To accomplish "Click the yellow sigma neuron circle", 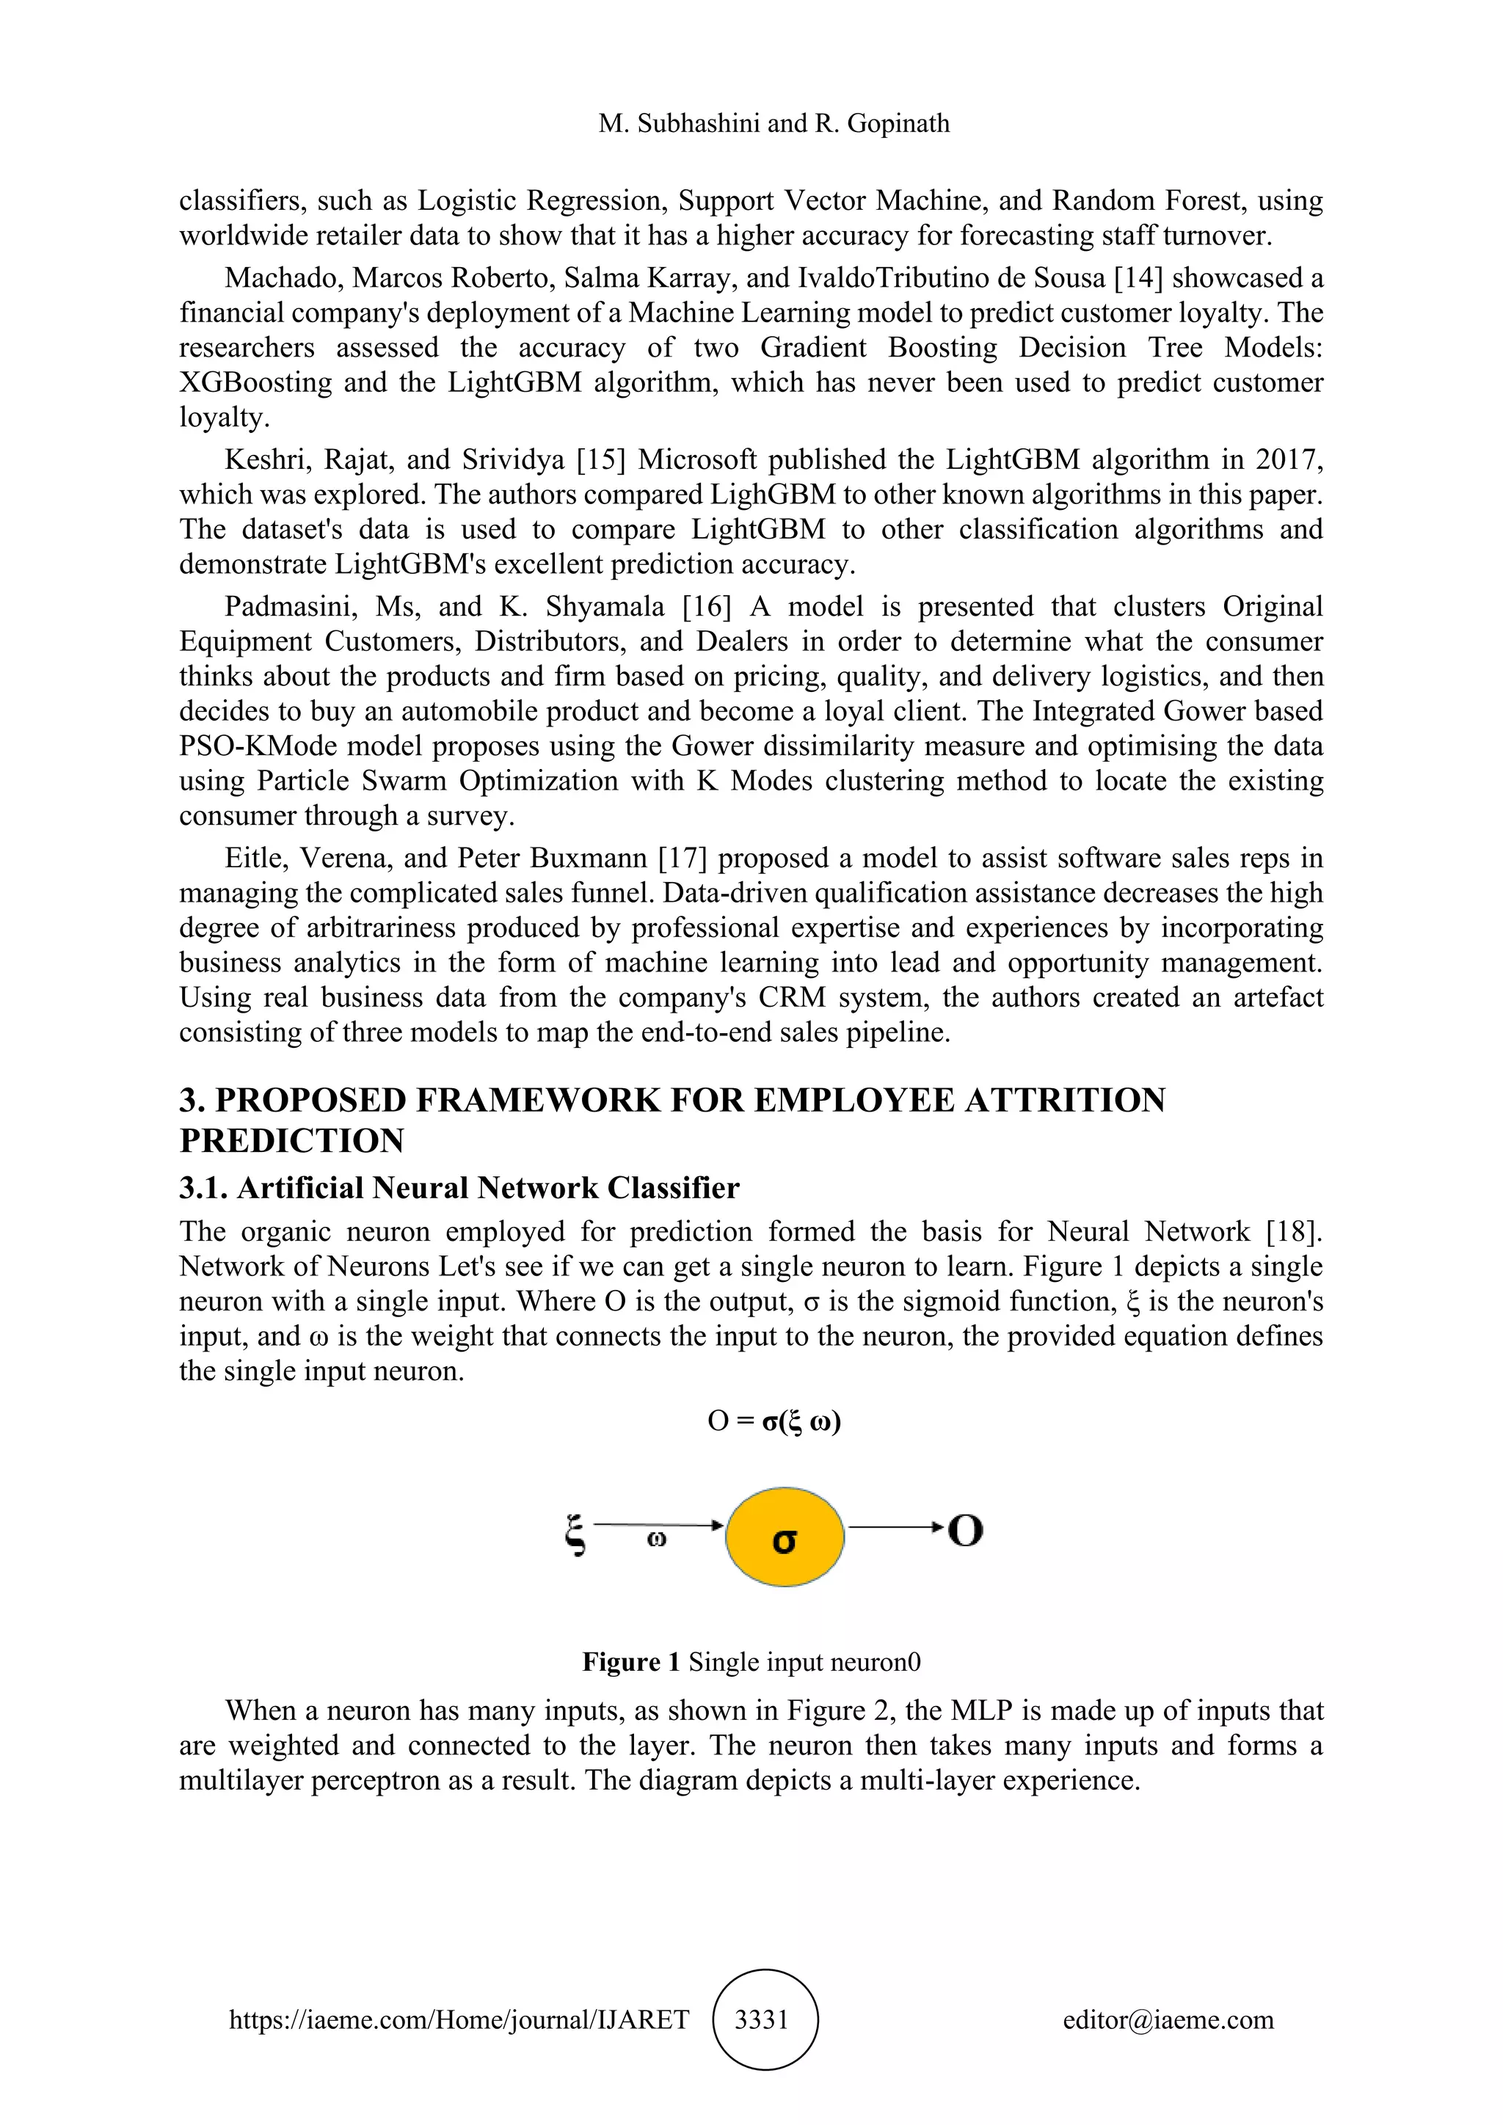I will coord(785,1537).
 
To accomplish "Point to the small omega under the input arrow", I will coord(656,1539).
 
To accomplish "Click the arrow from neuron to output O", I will coord(894,1526).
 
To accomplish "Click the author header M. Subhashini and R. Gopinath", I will coord(774,123).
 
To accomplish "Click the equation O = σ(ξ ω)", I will coord(774,1421).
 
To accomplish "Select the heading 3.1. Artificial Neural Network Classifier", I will coord(459,1189).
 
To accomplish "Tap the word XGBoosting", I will coord(255,382).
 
